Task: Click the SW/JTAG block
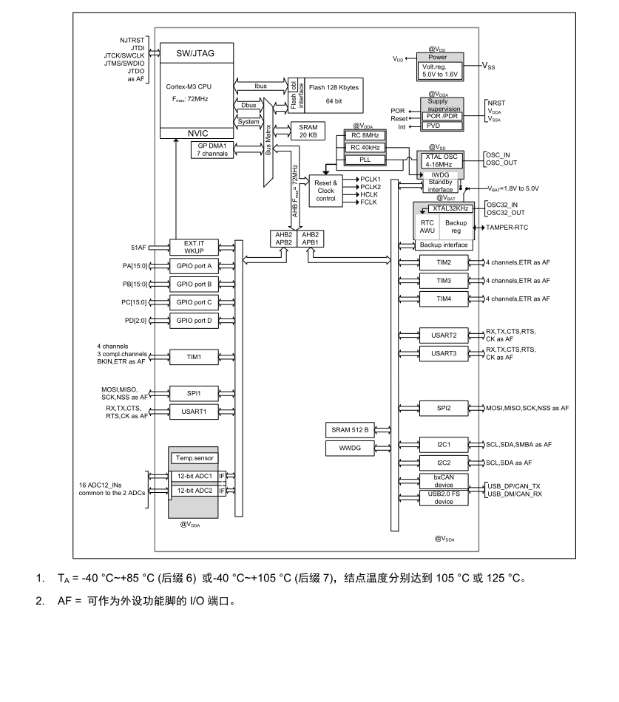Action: click(196, 53)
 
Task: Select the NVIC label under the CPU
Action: click(197, 134)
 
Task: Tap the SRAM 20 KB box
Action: click(308, 132)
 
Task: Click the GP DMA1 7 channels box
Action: click(212, 149)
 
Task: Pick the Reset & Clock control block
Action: click(326, 191)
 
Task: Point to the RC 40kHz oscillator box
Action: click(365, 148)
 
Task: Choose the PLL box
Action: click(365, 160)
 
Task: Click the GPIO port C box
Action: click(194, 303)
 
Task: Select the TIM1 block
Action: click(194, 357)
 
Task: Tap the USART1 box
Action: click(194, 412)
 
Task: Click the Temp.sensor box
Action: click(194, 458)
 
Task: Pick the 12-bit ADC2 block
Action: click(195, 491)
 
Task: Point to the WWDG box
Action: click(350, 448)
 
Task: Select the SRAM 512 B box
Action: click(350, 430)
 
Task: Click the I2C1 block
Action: click(444, 445)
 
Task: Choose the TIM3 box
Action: click(444, 281)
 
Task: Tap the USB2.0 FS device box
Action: click(444, 498)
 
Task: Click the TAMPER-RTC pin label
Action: click(507, 228)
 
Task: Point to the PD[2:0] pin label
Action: click(135, 321)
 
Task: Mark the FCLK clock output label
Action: click(368, 202)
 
